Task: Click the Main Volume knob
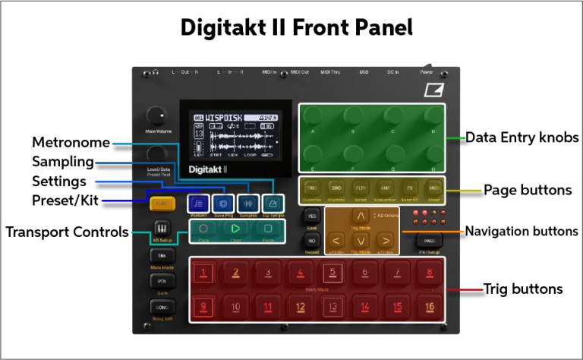pos(155,115)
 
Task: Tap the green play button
pos(236,228)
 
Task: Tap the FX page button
pos(409,188)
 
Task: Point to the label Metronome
pos(71,143)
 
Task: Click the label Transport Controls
pos(68,232)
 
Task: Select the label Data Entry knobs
pos(522,137)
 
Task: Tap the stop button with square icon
pos(268,228)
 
